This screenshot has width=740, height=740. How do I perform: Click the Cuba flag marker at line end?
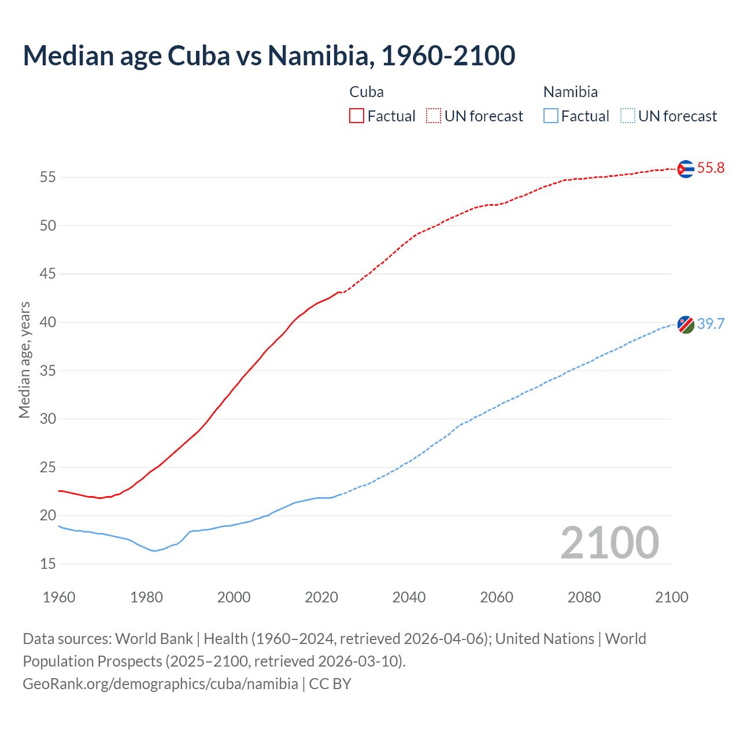tap(685, 169)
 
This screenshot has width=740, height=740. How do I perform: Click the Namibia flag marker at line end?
tap(685, 325)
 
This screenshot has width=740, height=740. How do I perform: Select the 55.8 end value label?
tap(711, 168)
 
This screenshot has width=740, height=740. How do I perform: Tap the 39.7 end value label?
tap(711, 324)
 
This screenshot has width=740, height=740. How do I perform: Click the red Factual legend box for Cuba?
tap(357, 116)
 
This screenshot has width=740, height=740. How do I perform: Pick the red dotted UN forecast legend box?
tap(434, 116)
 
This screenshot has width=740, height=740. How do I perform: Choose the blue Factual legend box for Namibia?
tap(551, 116)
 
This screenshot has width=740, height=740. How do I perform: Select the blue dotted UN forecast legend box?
tap(627, 116)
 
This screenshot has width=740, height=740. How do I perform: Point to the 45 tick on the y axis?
tap(48, 273)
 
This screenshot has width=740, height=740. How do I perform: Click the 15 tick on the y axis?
tap(48, 564)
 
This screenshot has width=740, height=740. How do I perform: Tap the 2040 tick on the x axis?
tap(409, 597)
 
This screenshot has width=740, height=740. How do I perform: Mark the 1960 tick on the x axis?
tap(59, 597)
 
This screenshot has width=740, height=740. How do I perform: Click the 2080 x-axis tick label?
tap(584, 597)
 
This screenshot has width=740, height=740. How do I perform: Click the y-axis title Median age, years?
tap(24, 360)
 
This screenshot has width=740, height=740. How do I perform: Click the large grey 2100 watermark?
tap(609, 543)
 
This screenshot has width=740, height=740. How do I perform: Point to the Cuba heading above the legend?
tap(367, 92)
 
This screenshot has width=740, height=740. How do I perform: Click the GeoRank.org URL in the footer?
tap(160, 684)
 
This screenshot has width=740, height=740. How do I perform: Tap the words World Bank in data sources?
tap(154, 639)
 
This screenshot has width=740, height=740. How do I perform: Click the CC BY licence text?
tap(330, 684)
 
